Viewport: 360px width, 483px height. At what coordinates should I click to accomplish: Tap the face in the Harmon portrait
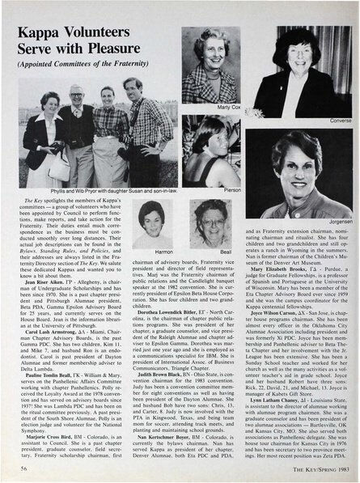click(x=153, y=220)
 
